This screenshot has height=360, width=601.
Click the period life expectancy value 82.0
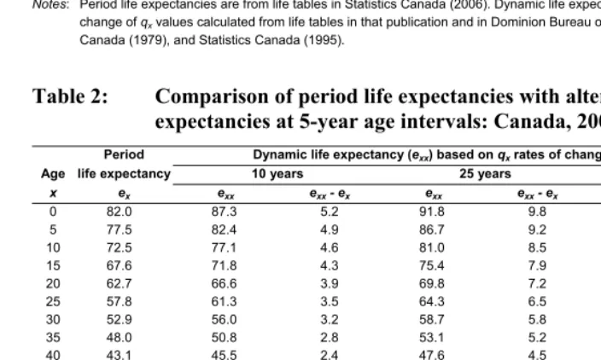[119, 212]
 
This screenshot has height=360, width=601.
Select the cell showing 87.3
[224, 212]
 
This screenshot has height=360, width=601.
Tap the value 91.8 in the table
[432, 212]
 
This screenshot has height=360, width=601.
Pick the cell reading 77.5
[119, 229]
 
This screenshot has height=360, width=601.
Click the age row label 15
[53, 265]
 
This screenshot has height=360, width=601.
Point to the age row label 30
[53, 319]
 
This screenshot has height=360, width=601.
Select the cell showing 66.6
[224, 283]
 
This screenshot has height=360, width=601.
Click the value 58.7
[432, 319]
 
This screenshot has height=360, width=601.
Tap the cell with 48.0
[119, 338]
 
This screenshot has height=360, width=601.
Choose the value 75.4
[432, 265]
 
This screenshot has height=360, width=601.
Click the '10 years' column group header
[277, 173]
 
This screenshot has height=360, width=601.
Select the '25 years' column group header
[485, 173]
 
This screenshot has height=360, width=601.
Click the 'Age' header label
[53, 174]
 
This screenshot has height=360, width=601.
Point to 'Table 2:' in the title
[70, 96]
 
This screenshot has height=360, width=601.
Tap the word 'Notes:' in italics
[51, 4]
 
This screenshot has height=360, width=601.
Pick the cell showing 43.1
[119, 355]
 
